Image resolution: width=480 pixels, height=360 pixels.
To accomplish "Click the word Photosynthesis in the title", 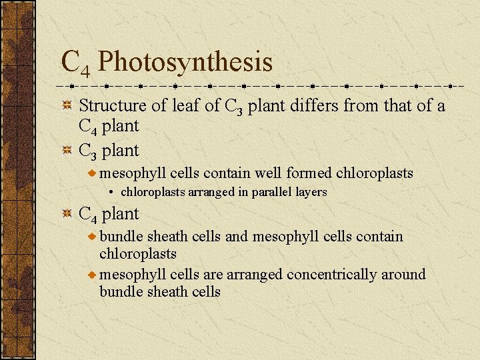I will [185, 62].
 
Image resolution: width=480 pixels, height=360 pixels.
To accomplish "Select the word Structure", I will [112, 105].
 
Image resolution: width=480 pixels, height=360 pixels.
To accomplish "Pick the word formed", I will [308, 173].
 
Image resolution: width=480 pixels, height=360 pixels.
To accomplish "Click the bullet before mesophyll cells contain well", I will [92, 174].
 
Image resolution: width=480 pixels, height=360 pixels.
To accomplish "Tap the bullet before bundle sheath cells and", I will [92, 237].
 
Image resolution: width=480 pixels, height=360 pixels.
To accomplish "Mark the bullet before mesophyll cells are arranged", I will [92, 275].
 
